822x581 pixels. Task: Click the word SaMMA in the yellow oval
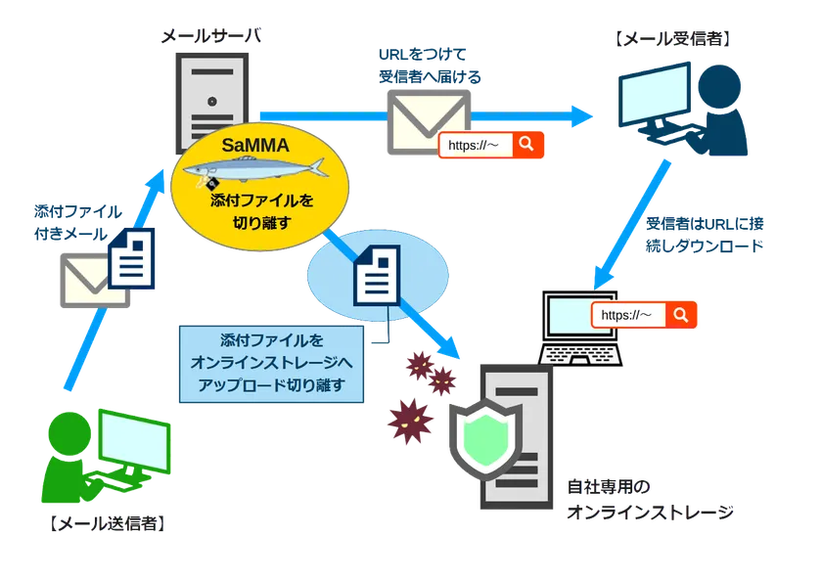(x=252, y=146)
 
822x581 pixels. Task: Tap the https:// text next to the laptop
(x=626, y=315)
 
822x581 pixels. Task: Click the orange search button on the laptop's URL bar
(x=681, y=315)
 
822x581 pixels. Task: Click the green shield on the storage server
(x=488, y=437)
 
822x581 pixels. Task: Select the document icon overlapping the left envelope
(x=130, y=256)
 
